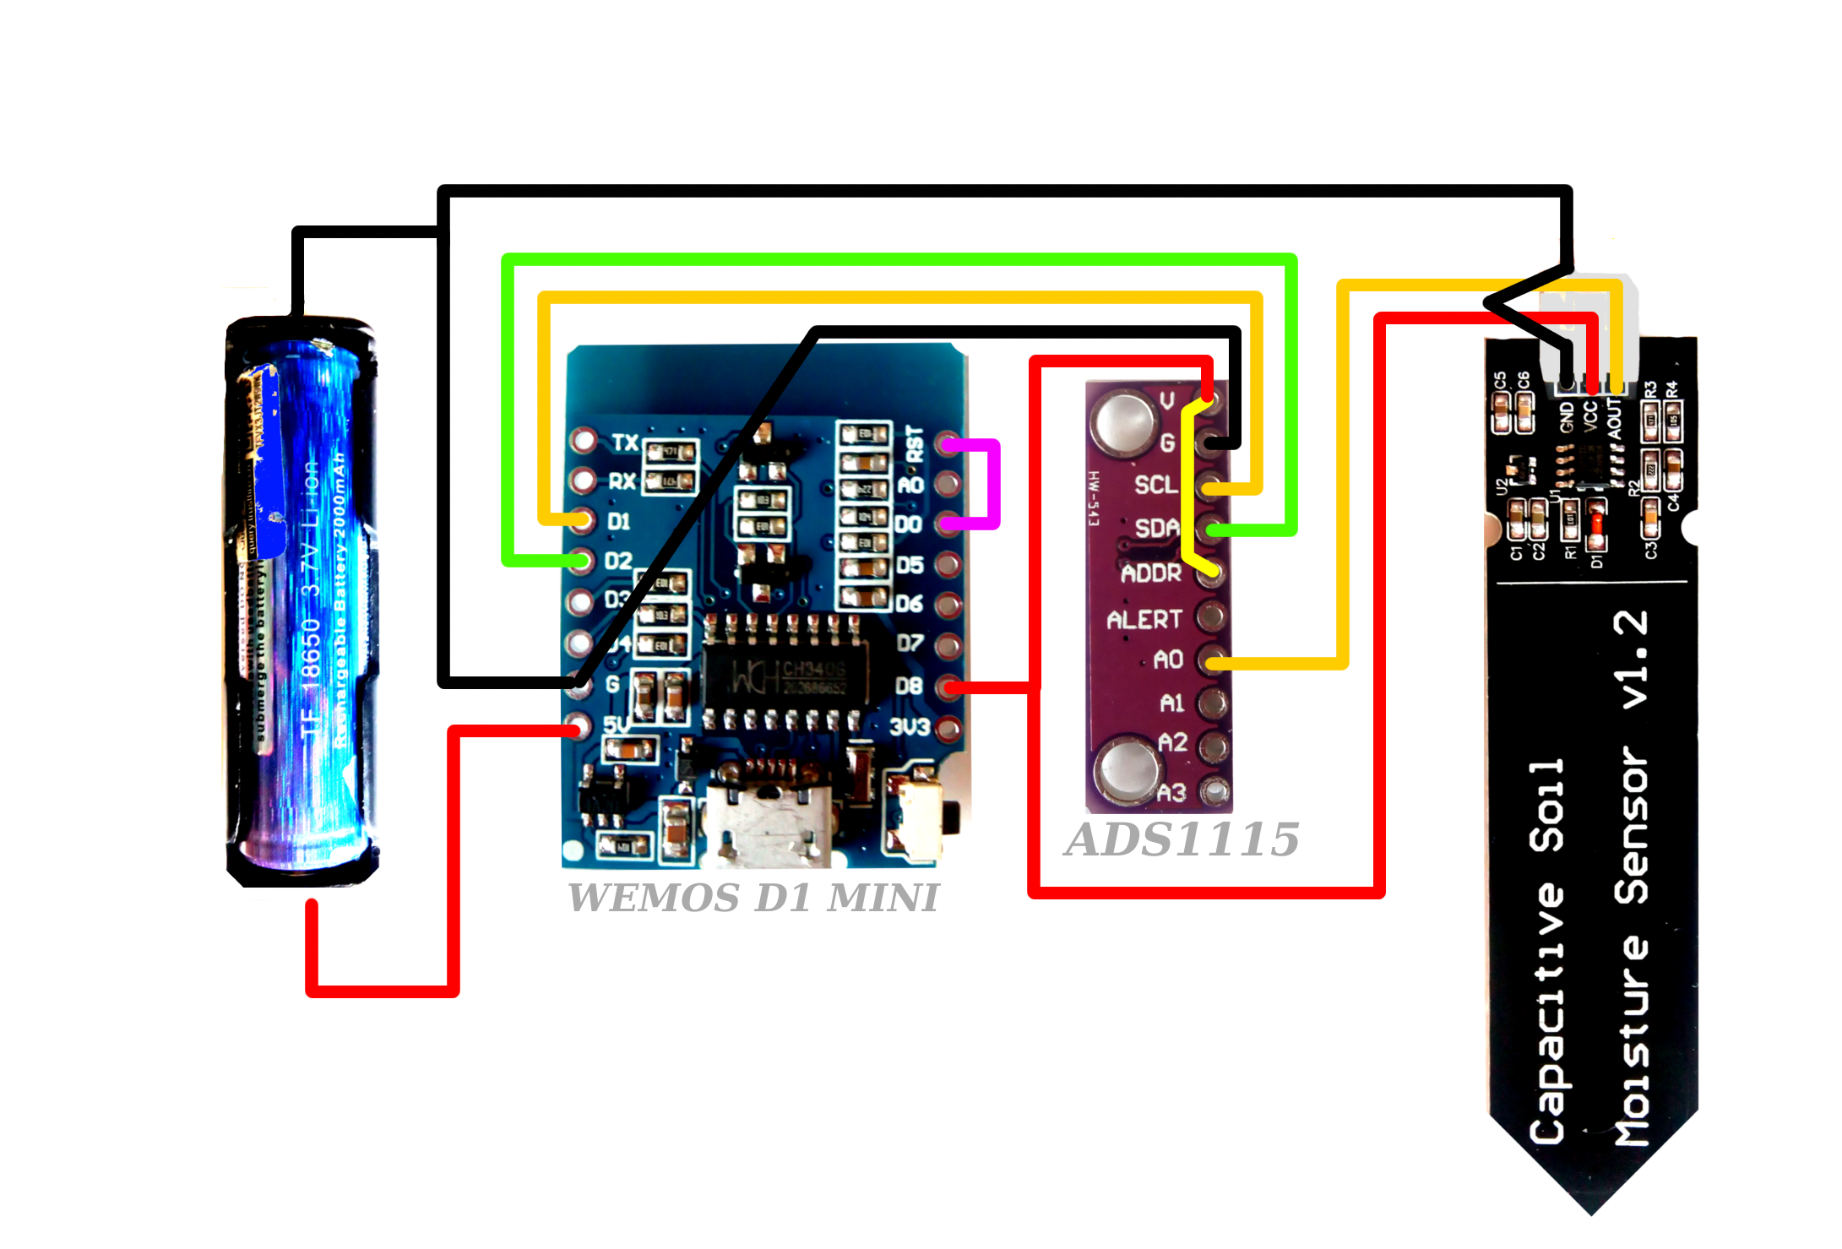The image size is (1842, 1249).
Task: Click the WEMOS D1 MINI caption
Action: pyautogui.click(x=753, y=898)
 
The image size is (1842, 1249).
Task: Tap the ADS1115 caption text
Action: pyautogui.click(x=1182, y=839)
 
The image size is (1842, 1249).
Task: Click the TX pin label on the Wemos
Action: pyautogui.click(x=625, y=443)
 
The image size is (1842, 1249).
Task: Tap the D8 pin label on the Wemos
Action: pyautogui.click(x=909, y=686)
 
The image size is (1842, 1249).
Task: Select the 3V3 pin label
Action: pyautogui.click(x=909, y=726)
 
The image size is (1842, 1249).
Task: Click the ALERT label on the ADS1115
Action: pyautogui.click(x=1144, y=620)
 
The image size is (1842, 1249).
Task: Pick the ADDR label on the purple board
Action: pyautogui.click(x=1150, y=574)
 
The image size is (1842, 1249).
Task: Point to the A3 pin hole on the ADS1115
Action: pyautogui.click(x=1214, y=791)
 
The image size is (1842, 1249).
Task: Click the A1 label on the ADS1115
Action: pyautogui.click(x=1171, y=703)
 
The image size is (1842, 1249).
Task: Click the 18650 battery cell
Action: pyautogui.click(x=302, y=600)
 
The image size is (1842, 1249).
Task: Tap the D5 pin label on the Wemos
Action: pyautogui.click(x=910, y=564)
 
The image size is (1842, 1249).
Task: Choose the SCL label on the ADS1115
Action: pyautogui.click(x=1155, y=485)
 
